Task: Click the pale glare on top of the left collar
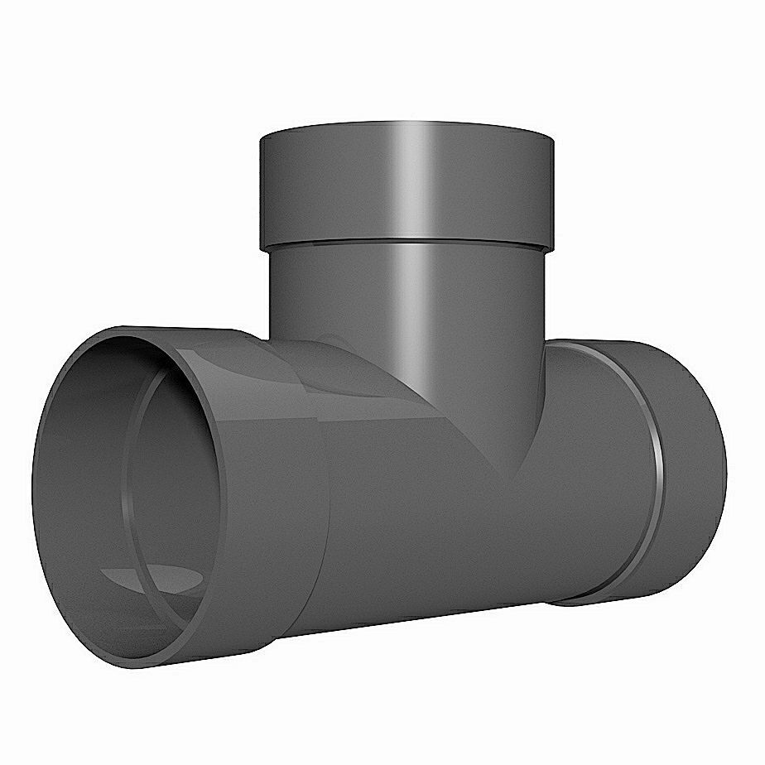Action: tap(207, 356)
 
